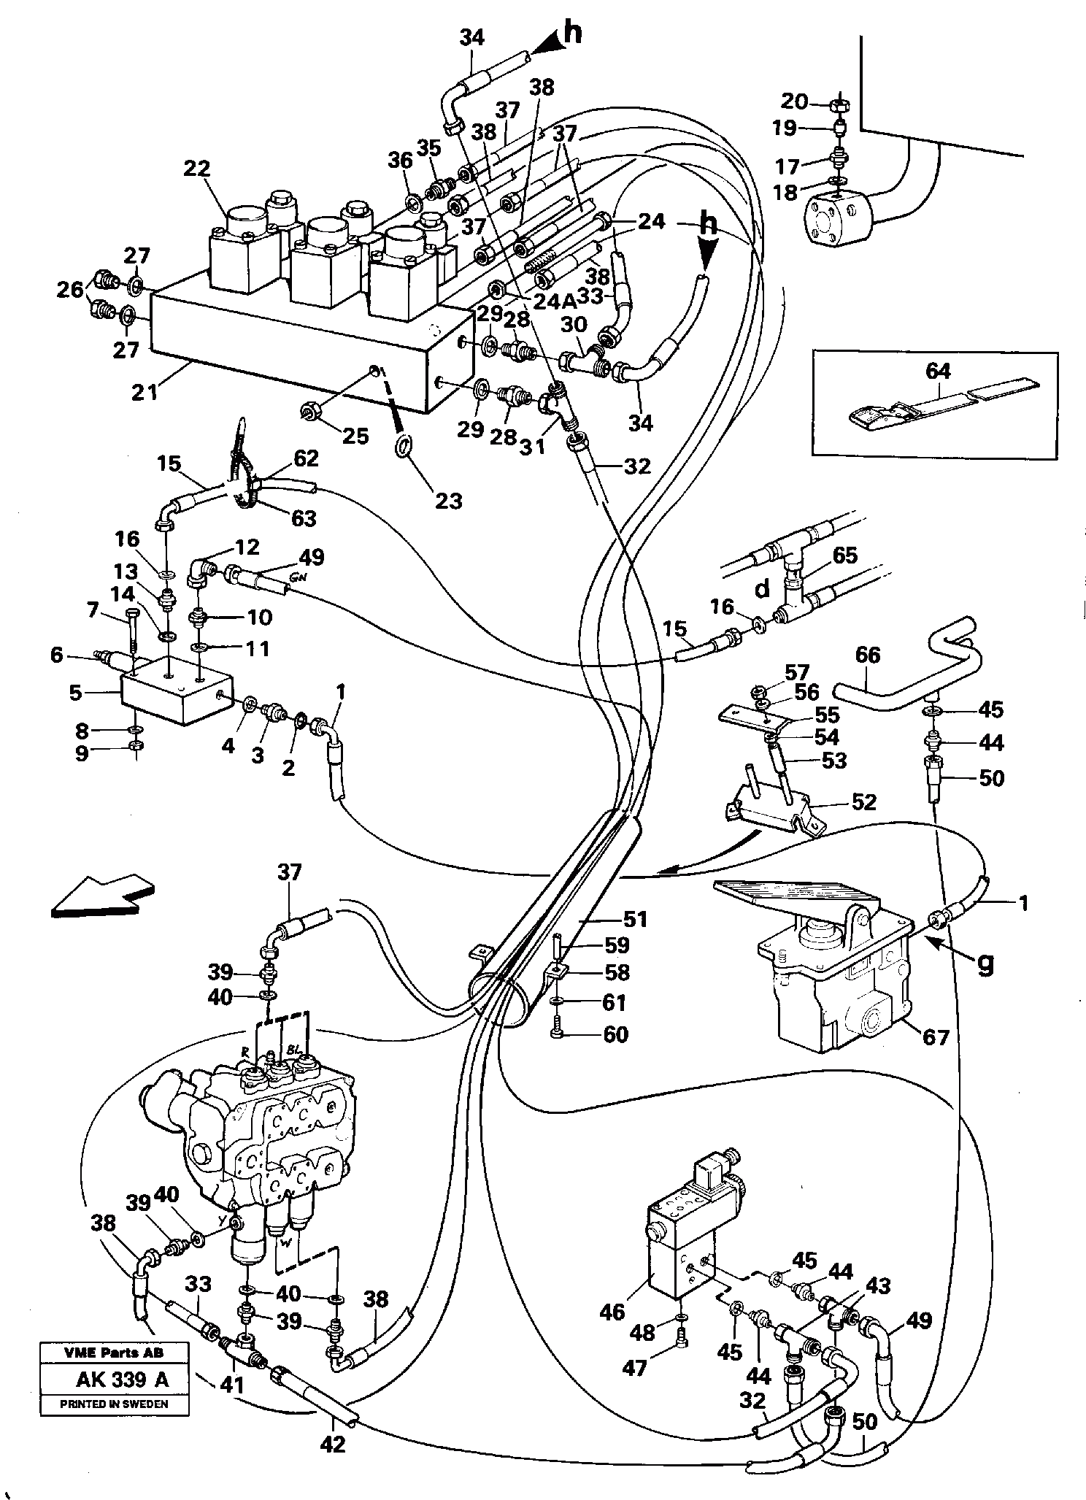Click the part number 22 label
pyautogui.click(x=196, y=169)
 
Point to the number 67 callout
pyautogui.click(x=936, y=1036)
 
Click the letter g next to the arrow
pyautogui.click(x=985, y=965)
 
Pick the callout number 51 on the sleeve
pyautogui.click(x=634, y=918)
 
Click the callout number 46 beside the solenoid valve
pyautogui.click(x=612, y=1312)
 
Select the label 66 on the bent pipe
pyautogui.click(x=868, y=655)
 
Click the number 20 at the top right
pyautogui.click(x=796, y=101)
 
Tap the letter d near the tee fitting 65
pyautogui.click(x=761, y=589)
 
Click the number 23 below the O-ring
pyautogui.click(x=449, y=501)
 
